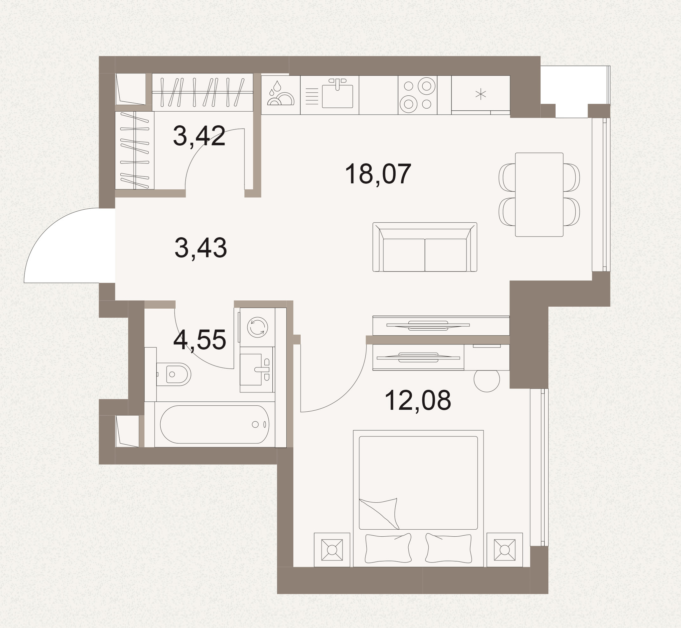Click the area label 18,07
pyautogui.click(x=378, y=174)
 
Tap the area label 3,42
pyautogui.click(x=199, y=136)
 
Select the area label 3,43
pyautogui.click(x=201, y=248)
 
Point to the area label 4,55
pyautogui.click(x=200, y=340)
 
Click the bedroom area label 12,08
pyautogui.click(x=418, y=400)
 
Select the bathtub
pyautogui.click(x=214, y=424)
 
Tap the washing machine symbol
pyautogui.click(x=257, y=327)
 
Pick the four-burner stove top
pyautogui.click(x=418, y=95)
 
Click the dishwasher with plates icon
pyautogui.click(x=281, y=95)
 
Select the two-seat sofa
pyautogui.click(x=425, y=247)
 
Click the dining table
pyautogui.click(x=539, y=194)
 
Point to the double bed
pyautogui.click(x=418, y=499)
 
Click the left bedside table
pyautogui.click(x=332, y=550)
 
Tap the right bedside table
pyautogui.click(x=504, y=550)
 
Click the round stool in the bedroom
pyautogui.click(x=487, y=379)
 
